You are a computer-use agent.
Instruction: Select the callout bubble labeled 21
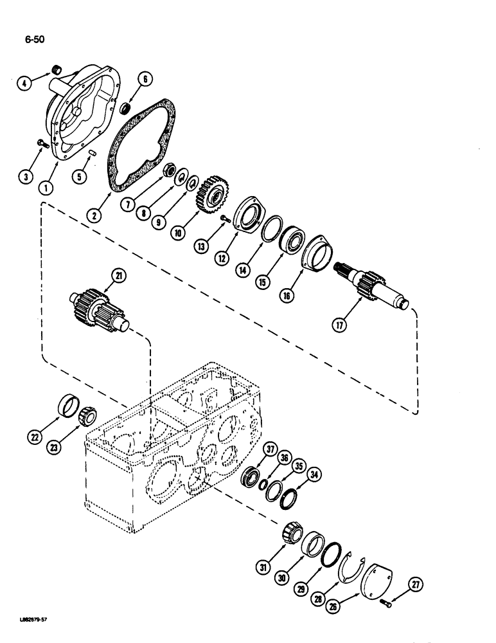120,276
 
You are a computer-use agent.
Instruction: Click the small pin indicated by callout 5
93,152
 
